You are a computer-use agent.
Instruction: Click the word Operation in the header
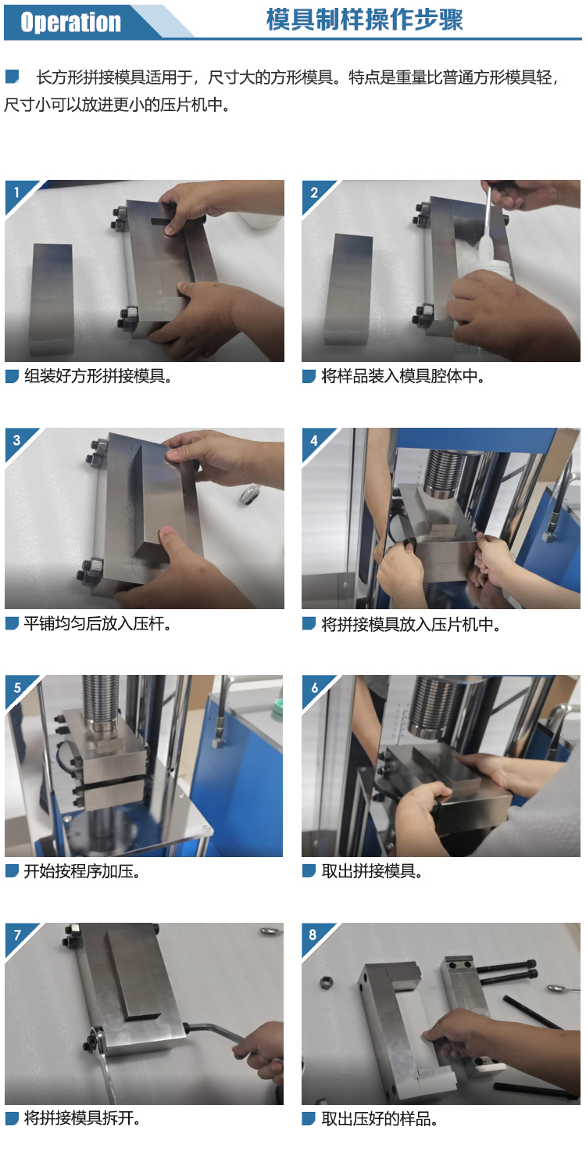(70, 22)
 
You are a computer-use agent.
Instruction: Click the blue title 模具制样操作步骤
(365, 20)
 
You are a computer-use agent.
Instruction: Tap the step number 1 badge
(16, 192)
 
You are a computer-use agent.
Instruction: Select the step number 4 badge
(313, 440)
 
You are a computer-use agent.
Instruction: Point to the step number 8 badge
(313, 934)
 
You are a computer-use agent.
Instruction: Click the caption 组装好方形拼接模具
(98, 376)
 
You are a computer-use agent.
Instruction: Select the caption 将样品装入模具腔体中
(402, 376)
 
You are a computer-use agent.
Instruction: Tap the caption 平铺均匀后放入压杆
(98, 624)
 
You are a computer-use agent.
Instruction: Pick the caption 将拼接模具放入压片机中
(411, 624)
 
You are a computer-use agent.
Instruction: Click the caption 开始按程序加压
(81, 871)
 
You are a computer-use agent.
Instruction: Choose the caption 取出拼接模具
(372, 871)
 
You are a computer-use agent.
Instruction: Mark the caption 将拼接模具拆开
(82, 1118)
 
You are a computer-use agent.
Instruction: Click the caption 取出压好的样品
(379, 1119)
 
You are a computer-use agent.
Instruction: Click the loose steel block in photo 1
(52, 299)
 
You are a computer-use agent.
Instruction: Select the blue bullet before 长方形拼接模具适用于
(12, 77)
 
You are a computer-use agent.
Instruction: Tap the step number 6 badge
(314, 687)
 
